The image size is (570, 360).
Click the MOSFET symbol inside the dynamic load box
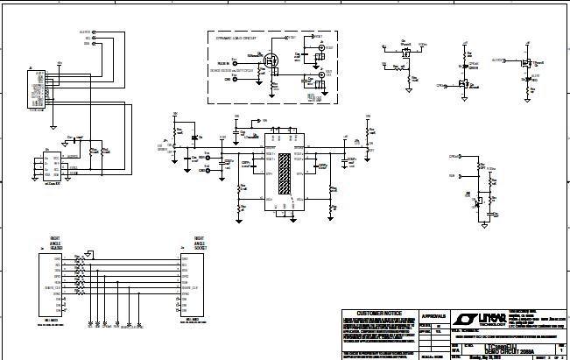[x=271, y=60]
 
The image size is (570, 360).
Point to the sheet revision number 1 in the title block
[x=561, y=349]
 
